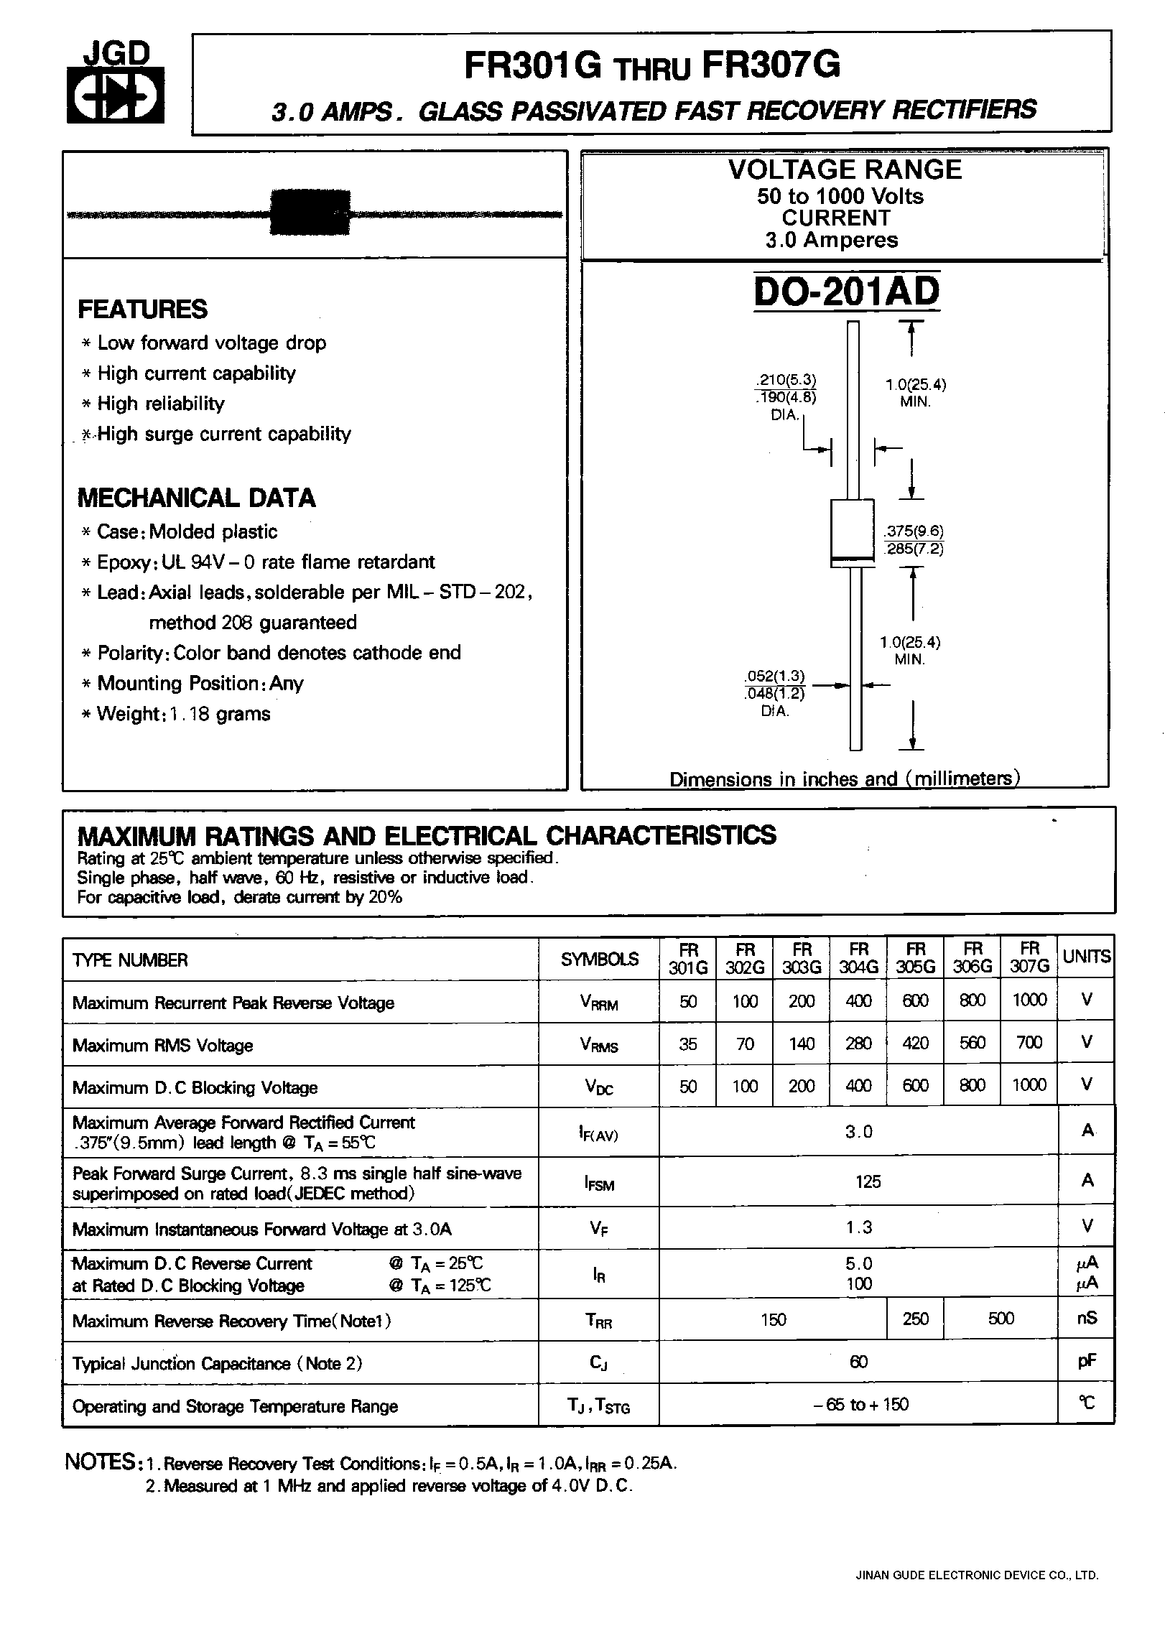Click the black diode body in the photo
(310, 212)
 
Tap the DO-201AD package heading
(847, 292)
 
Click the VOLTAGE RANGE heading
(845, 170)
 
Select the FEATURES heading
(142, 309)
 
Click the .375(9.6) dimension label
(914, 531)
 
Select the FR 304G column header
(858, 958)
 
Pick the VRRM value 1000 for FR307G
(1029, 1000)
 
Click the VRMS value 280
(858, 1043)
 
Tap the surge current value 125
(868, 1181)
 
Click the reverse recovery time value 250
(915, 1319)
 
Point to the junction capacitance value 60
(858, 1362)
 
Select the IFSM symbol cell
(599, 1182)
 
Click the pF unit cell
(1087, 1362)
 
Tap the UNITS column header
(1086, 957)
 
